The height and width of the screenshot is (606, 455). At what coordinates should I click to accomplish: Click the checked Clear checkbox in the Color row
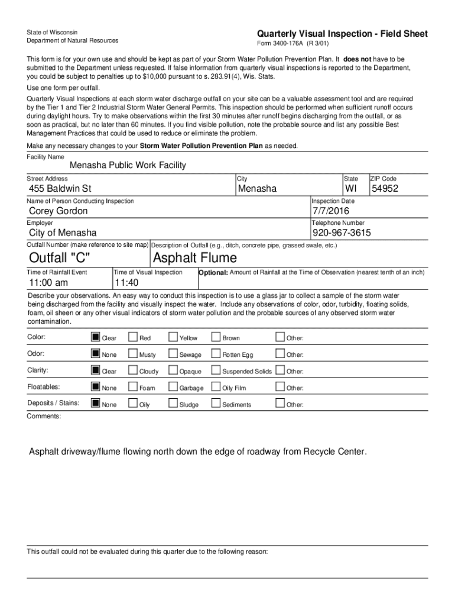[95, 337]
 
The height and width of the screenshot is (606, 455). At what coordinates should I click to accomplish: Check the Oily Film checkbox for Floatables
[216, 387]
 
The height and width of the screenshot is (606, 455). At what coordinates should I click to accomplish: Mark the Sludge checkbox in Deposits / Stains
[173, 404]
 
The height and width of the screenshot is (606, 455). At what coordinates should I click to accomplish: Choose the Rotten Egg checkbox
[216, 354]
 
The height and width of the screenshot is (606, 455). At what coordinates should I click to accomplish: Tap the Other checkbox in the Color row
[280, 337]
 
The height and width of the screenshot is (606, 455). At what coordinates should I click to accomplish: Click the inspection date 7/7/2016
[331, 211]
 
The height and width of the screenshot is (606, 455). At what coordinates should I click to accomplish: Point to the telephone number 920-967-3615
[342, 233]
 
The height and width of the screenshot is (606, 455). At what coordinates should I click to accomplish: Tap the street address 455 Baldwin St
[60, 189]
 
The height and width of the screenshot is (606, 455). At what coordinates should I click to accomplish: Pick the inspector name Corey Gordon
[58, 211]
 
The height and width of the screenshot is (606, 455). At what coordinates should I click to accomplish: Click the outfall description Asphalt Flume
[194, 258]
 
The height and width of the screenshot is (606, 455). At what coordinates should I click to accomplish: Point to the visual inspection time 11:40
[126, 282]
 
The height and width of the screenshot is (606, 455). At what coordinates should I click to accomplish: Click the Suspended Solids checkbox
[216, 370]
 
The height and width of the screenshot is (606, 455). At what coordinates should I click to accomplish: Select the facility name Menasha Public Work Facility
[128, 165]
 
